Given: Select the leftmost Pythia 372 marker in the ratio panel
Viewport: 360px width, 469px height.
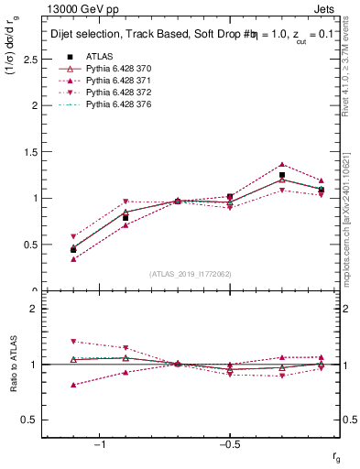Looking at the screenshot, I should coord(73,341).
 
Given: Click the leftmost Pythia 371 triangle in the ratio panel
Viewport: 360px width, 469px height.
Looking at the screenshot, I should coord(73,385).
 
